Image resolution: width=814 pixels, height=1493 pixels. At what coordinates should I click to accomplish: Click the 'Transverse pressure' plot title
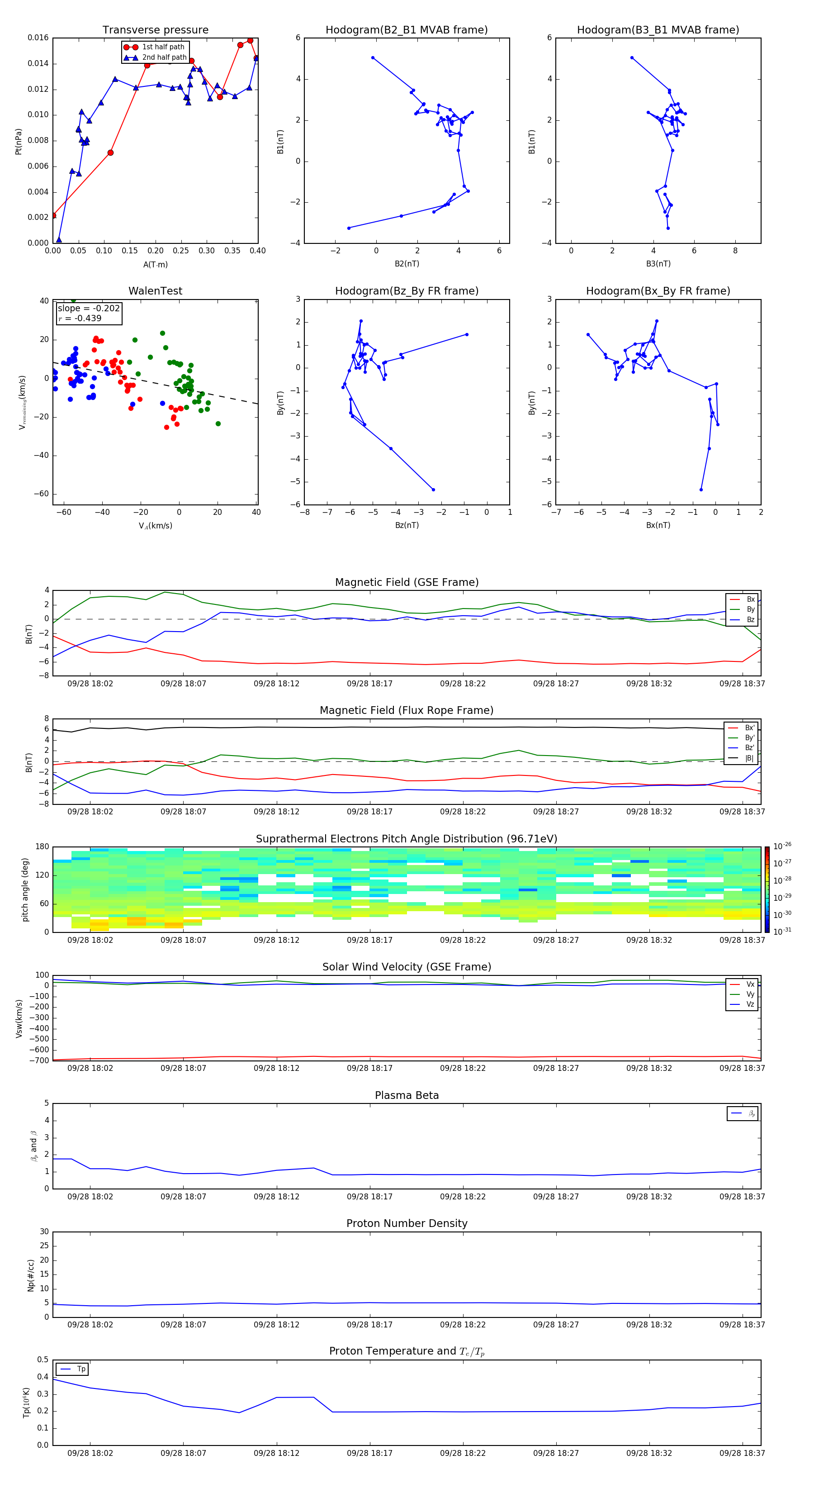click(155, 30)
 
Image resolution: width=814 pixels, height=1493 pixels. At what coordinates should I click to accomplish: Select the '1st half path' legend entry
click(163, 47)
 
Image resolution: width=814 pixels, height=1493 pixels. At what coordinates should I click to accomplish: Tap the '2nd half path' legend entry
click(164, 57)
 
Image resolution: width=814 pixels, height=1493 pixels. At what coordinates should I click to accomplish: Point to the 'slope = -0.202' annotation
click(89, 309)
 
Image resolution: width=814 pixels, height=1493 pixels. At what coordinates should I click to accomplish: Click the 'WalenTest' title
click(155, 291)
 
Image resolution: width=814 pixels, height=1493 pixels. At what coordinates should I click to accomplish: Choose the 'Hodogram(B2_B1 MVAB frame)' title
click(406, 30)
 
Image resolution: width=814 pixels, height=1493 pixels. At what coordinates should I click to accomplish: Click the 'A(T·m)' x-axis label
click(155, 265)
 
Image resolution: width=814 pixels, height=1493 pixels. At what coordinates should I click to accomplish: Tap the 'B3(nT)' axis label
click(658, 264)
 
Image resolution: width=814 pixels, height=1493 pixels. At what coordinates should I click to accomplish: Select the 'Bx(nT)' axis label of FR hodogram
click(658, 525)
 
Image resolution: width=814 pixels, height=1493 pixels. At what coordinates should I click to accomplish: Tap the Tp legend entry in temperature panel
click(80, 1369)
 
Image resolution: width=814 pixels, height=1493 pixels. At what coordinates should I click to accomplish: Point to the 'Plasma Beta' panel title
click(407, 1095)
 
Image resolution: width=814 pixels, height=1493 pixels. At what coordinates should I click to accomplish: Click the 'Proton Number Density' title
click(407, 1223)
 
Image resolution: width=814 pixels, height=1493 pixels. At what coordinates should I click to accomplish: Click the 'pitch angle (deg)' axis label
click(25, 889)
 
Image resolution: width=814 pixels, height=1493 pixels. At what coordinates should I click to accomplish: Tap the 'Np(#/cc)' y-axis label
click(31, 1275)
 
